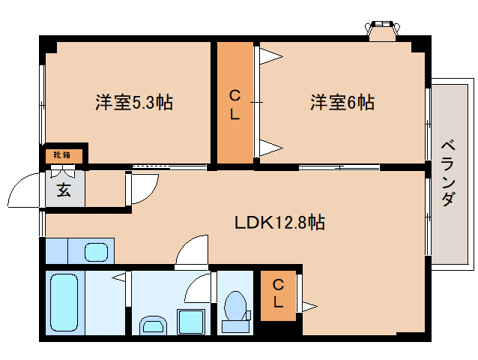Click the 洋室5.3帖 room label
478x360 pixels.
(134, 102)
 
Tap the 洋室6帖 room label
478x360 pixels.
(342, 102)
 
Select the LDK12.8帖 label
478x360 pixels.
(280, 222)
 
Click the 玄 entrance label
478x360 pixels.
(64, 190)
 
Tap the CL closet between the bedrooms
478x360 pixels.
(235, 104)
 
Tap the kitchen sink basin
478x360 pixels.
(97, 250)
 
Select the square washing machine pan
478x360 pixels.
(191, 322)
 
